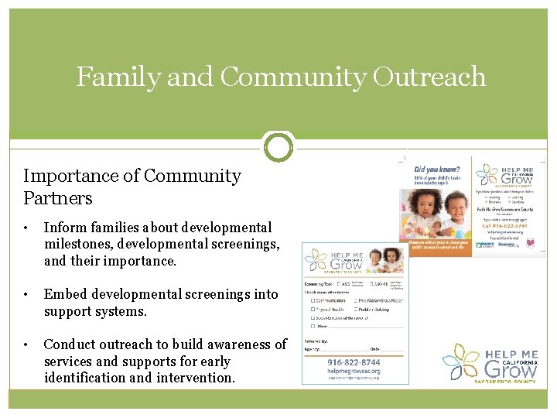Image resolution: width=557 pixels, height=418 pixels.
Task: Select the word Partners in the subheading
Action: [58, 198]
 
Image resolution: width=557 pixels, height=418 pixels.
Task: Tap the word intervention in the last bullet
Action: [196, 378]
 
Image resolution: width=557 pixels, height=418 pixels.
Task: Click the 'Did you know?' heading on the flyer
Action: [437, 170]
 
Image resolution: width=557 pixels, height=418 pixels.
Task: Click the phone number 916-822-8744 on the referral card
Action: [354, 361]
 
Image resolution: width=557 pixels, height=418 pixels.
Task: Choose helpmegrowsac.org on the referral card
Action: [354, 371]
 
